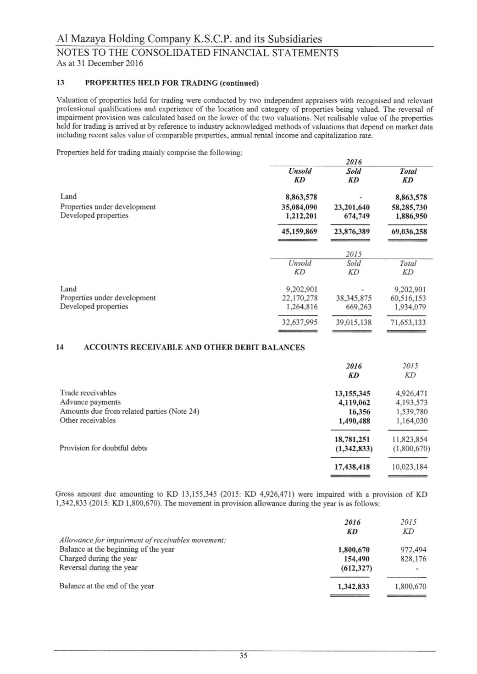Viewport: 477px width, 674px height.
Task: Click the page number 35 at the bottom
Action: pyautogui.click(x=243, y=656)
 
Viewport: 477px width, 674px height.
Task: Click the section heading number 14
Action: pyautogui.click(x=60, y=347)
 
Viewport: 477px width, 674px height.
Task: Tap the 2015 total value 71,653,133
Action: pyautogui.click(x=407, y=322)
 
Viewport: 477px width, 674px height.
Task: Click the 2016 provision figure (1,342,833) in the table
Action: pyautogui.click(x=354, y=448)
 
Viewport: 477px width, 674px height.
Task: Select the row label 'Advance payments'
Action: pyautogui.click(x=90, y=402)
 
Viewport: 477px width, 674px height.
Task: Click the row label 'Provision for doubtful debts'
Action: pyautogui.click(x=103, y=448)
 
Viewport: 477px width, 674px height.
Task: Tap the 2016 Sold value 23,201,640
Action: pyautogui.click(x=352, y=207)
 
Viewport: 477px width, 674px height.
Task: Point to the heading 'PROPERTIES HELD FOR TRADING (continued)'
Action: pyautogui.click(x=172, y=83)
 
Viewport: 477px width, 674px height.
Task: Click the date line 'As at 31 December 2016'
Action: pyautogui.click(x=100, y=63)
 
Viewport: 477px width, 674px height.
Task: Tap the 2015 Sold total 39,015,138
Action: pyautogui.click(x=353, y=322)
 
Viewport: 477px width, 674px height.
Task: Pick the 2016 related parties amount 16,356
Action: pyautogui.click(x=359, y=411)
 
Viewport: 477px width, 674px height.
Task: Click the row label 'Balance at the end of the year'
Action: pyautogui.click(x=106, y=586)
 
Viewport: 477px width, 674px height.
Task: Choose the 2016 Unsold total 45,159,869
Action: pyautogui.click(x=299, y=231)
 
